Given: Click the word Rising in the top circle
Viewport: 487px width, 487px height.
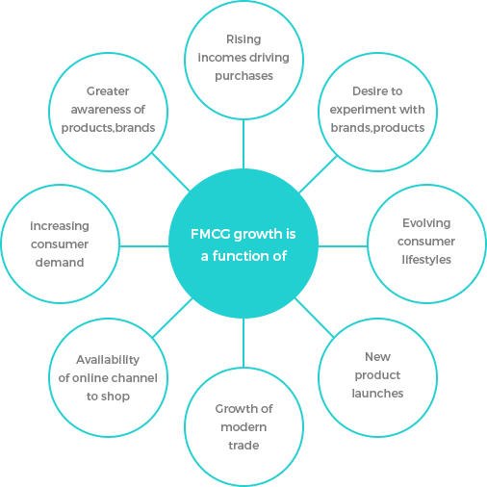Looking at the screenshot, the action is (243, 39).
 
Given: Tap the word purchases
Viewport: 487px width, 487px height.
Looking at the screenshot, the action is (243, 76).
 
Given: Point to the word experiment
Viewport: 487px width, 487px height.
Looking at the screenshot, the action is (362, 110).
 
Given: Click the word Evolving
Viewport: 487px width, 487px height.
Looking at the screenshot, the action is (426, 223).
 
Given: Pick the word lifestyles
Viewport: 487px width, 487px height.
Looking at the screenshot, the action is (426, 260).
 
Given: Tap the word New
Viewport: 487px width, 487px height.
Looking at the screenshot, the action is (377, 357).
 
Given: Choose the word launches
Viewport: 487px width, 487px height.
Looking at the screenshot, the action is (377, 394).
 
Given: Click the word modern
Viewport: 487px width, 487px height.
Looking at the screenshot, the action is (243, 427).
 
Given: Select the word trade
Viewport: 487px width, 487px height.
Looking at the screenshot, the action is (243, 446).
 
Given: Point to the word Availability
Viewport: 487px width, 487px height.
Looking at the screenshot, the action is (108, 360).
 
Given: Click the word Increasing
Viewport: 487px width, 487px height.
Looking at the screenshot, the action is (60, 226).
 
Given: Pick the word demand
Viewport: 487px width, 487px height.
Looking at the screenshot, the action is (60, 263).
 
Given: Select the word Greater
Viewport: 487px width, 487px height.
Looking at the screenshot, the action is (108, 91).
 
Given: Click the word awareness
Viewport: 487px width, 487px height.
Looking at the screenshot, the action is (98, 110).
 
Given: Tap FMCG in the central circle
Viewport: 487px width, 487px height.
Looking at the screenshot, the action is (211, 234).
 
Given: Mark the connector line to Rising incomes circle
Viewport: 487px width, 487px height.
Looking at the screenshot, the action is (243, 144).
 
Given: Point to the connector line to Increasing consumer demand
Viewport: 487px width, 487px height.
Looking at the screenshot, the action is (144, 246).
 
